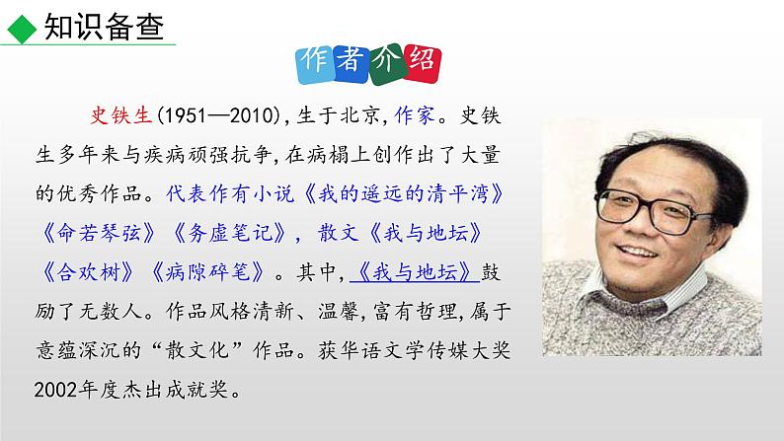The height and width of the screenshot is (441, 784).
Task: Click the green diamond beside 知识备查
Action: pyautogui.click(x=17, y=29)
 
